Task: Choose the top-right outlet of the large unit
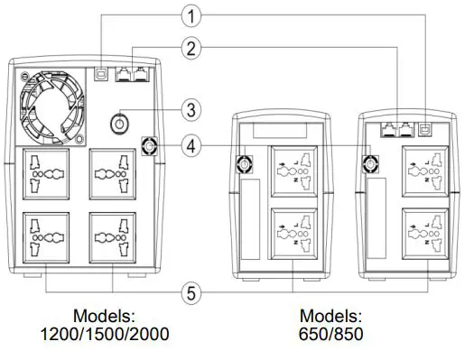click(x=111, y=173)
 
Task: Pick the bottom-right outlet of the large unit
click(x=111, y=236)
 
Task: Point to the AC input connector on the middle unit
click(x=242, y=164)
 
